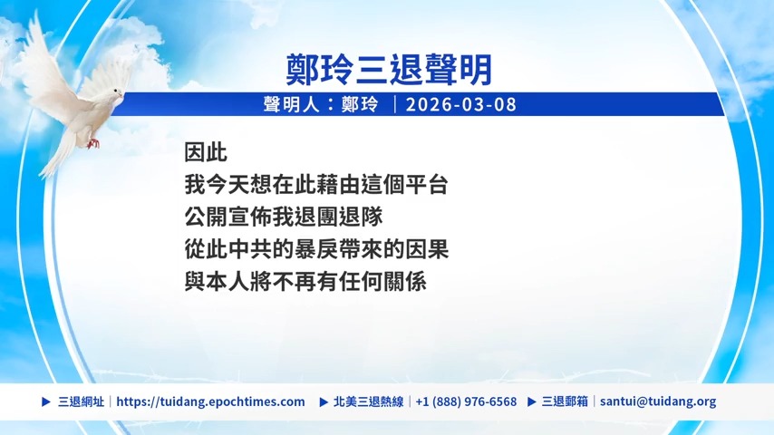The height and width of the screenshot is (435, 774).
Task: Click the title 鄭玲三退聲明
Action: click(x=389, y=70)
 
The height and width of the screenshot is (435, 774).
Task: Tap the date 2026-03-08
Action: click(x=461, y=105)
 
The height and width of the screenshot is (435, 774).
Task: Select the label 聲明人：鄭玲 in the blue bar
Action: click(x=321, y=105)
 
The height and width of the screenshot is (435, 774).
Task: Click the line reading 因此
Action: click(x=206, y=152)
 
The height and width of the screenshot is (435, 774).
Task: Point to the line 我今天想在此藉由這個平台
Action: click(x=316, y=185)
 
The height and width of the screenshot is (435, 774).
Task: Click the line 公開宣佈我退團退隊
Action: click(x=284, y=217)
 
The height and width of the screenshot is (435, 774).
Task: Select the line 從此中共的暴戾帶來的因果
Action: click(x=316, y=249)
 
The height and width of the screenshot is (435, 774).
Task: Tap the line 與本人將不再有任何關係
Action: click(x=305, y=282)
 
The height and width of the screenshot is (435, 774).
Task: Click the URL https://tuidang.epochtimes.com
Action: click(x=211, y=401)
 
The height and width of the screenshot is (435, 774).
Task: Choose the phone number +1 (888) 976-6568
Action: click(x=466, y=401)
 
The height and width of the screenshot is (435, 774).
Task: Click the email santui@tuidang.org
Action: click(x=658, y=401)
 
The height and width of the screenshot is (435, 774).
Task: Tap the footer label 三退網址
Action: click(x=81, y=401)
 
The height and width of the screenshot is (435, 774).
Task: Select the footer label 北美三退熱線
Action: click(x=368, y=401)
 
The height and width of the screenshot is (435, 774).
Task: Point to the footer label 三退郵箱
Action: click(x=565, y=401)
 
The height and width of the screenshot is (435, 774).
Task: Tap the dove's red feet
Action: click(x=92, y=144)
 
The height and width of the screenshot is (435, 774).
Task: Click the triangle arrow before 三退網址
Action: click(x=46, y=401)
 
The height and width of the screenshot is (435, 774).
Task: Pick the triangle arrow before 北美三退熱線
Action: click(x=324, y=401)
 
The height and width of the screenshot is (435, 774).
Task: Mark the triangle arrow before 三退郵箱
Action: click(x=532, y=401)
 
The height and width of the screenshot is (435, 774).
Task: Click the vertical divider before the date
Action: click(x=395, y=105)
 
